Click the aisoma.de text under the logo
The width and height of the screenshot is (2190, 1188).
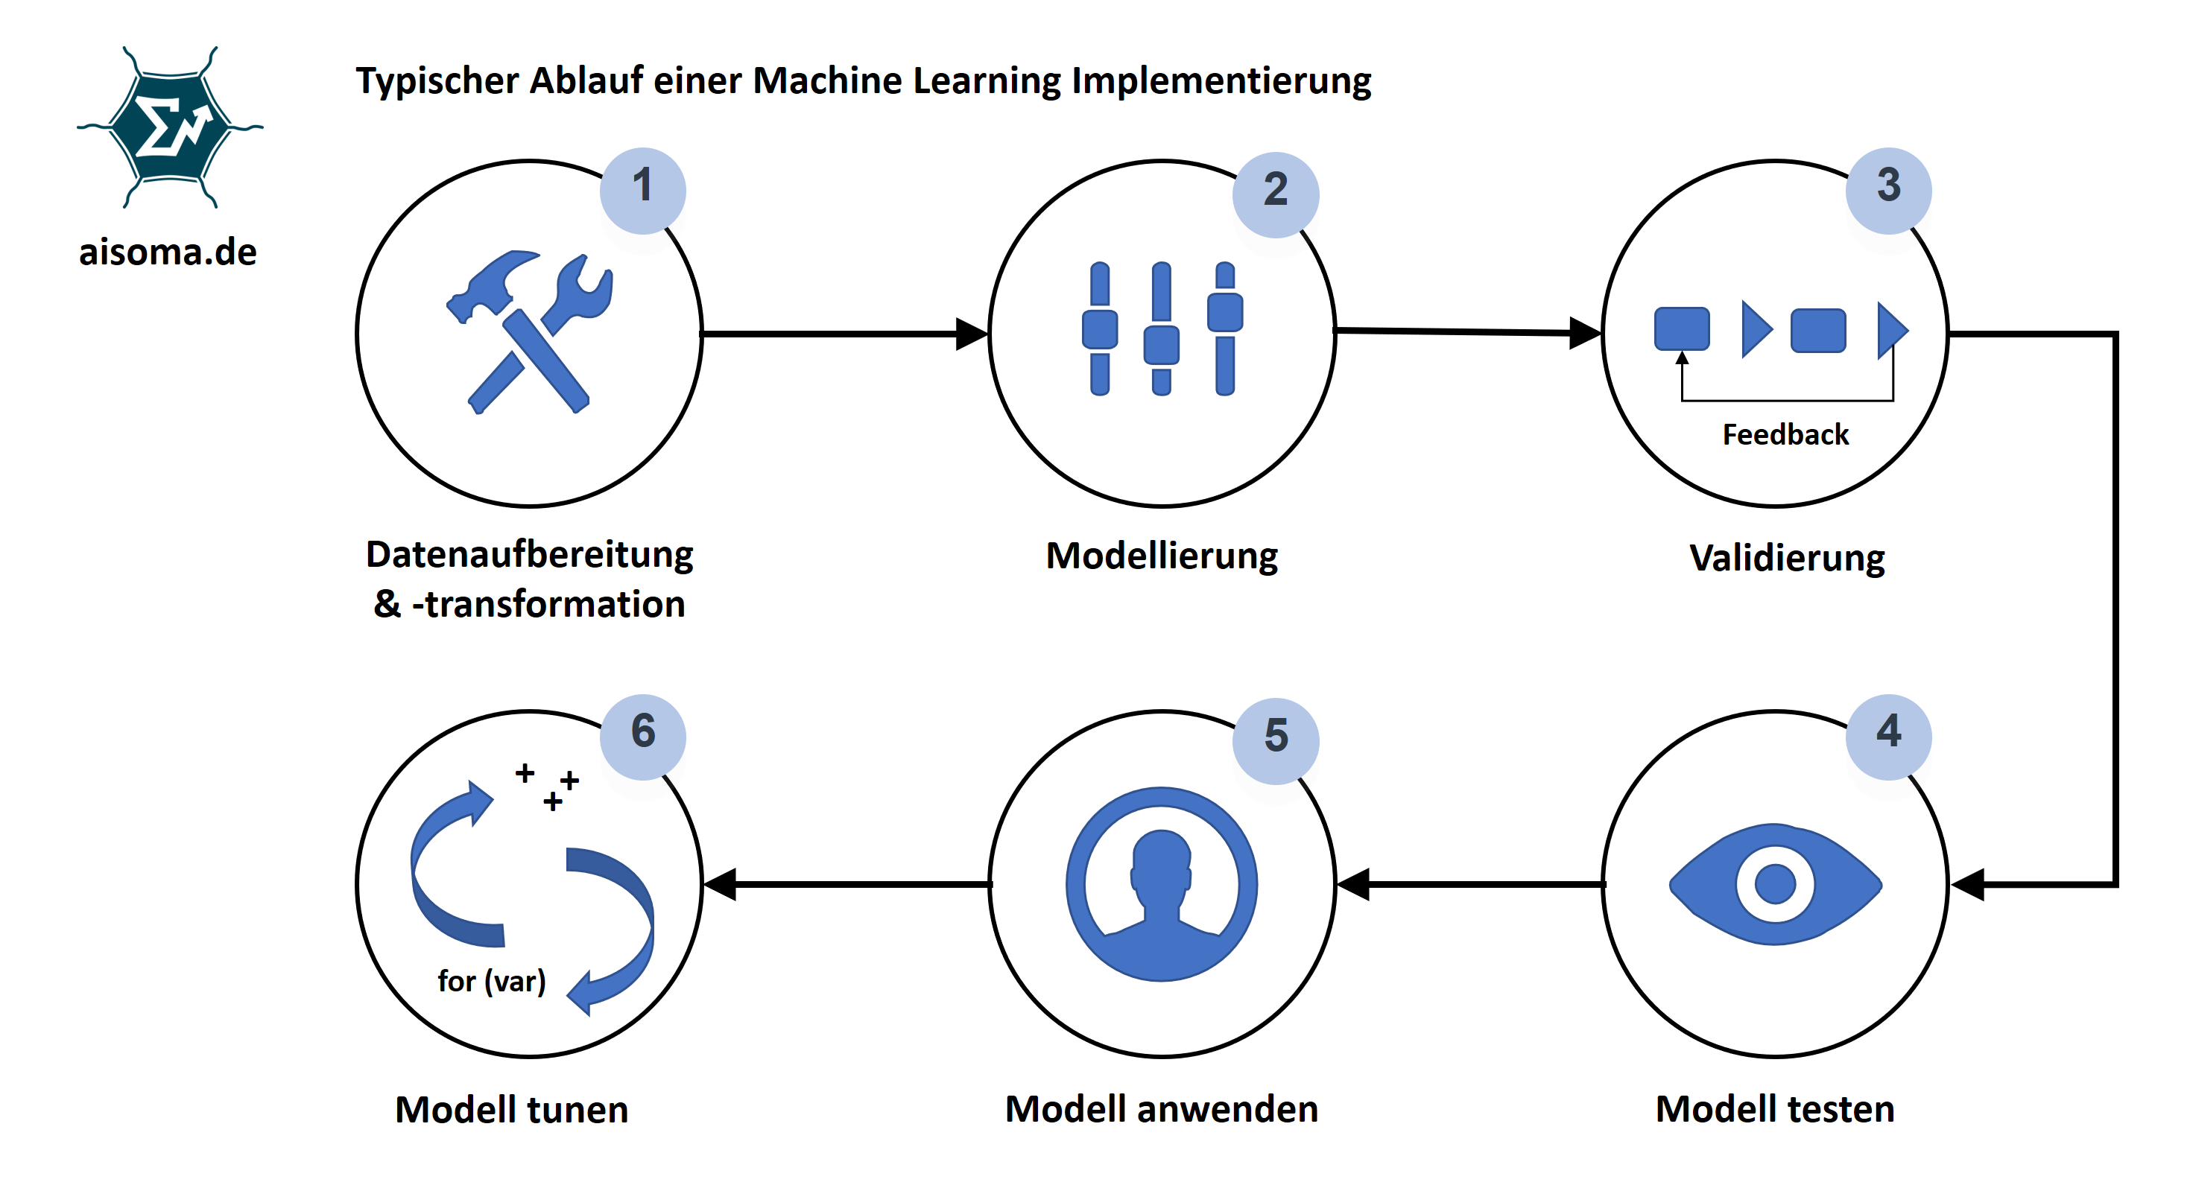[168, 252]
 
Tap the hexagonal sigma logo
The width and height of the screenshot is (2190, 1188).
[170, 127]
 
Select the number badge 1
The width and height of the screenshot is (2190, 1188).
[643, 189]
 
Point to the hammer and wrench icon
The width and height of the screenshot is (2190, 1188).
[530, 331]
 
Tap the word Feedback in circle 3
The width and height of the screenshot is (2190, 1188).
[1785, 434]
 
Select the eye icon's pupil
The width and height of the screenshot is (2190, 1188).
[1775, 884]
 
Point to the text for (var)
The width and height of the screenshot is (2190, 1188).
[491, 981]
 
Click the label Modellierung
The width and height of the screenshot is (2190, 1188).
[1161, 556]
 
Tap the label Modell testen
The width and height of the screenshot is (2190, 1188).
[1775, 1109]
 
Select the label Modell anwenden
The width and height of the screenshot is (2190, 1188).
[1161, 1109]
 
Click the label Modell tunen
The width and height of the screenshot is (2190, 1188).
[511, 1110]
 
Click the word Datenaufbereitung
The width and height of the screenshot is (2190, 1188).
[529, 554]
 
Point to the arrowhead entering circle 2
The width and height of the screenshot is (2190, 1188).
[971, 334]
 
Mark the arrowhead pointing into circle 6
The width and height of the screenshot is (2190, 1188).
[721, 885]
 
